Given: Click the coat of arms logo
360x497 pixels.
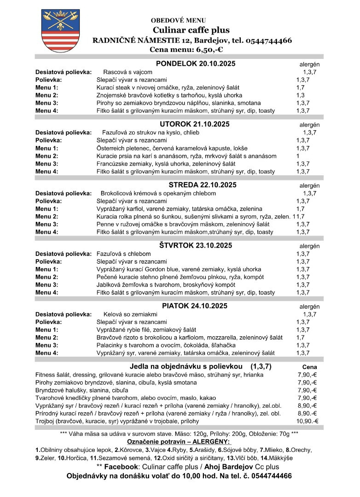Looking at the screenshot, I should click(x=54, y=30).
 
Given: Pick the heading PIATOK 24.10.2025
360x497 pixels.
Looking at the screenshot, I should click(x=194, y=306).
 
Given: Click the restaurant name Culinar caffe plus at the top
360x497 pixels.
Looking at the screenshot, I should click(x=190, y=30).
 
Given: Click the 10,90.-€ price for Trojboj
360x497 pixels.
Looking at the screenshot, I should click(x=307, y=421).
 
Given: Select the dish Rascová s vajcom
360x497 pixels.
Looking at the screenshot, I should click(x=128, y=72).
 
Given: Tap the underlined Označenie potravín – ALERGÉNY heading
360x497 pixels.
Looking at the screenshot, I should click(x=180, y=442).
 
